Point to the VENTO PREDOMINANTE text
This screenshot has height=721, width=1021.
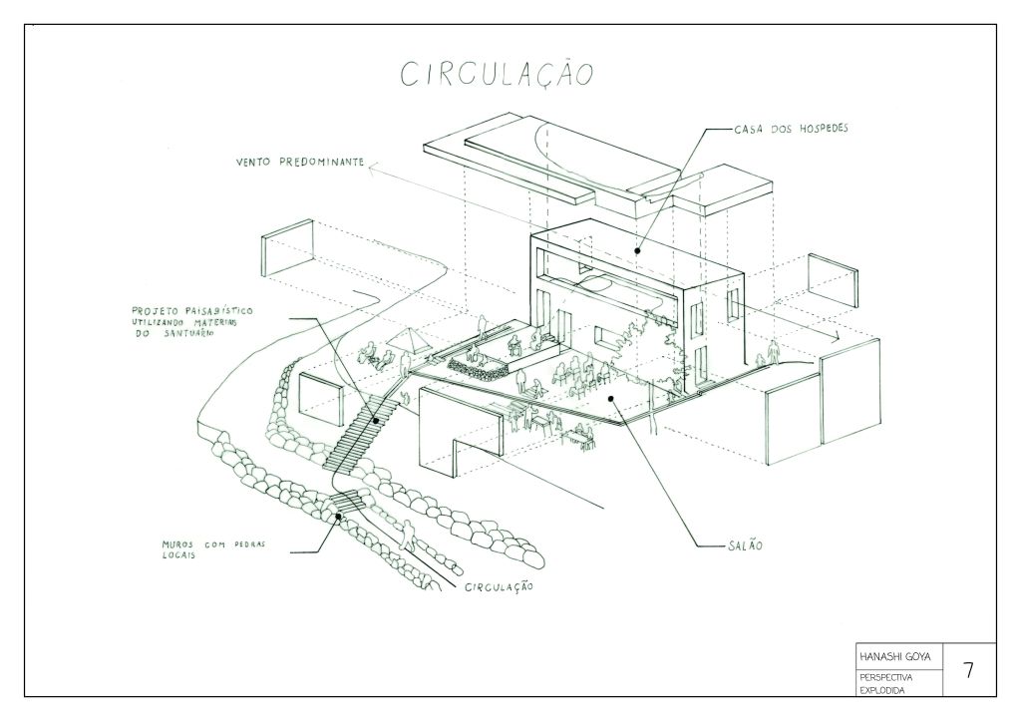pos(299,162)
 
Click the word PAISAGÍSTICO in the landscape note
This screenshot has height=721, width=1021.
pos(213,311)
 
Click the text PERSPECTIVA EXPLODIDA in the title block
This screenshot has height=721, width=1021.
pos(884,682)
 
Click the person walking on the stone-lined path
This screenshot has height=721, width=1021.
pos(406,533)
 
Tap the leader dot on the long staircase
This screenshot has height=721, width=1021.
pos(376,419)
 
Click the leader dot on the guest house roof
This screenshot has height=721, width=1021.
pos(637,242)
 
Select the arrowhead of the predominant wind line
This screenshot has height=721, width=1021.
pos(368,171)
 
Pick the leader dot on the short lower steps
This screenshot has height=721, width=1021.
pos(340,516)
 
